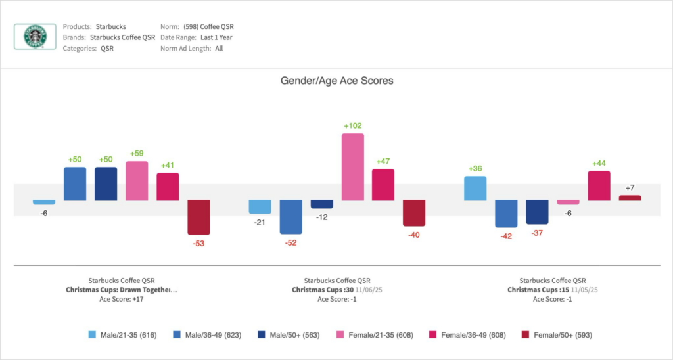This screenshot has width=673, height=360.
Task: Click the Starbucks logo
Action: (x=35, y=37)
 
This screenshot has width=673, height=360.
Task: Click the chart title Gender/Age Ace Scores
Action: (x=336, y=81)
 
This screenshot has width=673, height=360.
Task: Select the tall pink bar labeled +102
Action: (x=353, y=167)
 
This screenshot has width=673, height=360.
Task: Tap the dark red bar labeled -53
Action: (x=198, y=217)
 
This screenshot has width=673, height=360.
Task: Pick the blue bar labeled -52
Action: (x=290, y=217)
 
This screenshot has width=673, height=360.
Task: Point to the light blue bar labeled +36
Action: (x=475, y=188)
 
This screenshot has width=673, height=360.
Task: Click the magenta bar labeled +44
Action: (x=599, y=185)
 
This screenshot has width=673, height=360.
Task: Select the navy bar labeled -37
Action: (x=537, y=212)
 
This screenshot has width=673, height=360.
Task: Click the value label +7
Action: (x=630, y=189)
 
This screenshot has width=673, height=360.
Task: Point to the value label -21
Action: (x=260, y=222)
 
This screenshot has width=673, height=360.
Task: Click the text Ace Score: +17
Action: (x=121, y=299)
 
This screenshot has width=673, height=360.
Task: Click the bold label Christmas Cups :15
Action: (x=538, y=290)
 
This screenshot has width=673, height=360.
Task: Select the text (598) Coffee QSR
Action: (x=208, y=27)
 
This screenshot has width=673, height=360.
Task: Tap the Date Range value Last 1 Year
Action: (x=216, y=37)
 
